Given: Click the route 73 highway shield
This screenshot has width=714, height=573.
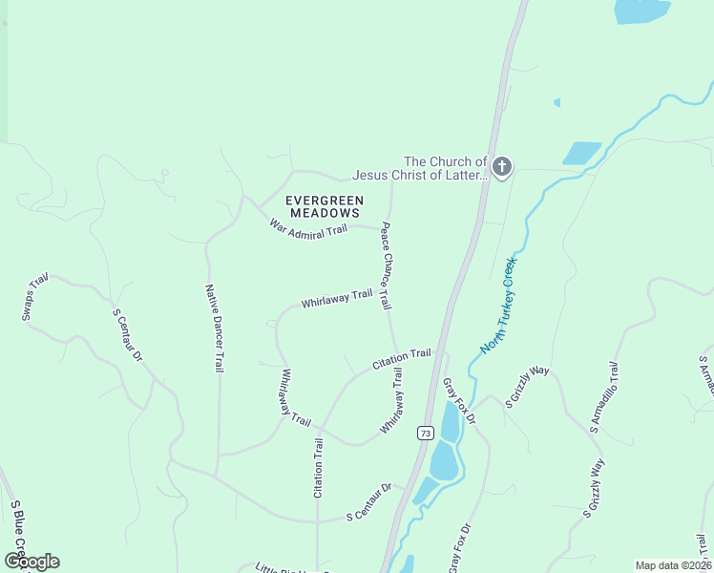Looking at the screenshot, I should (423, 433).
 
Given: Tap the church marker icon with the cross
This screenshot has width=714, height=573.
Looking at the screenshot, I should (502, 168).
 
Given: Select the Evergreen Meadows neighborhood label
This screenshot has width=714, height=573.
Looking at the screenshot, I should (325, 206).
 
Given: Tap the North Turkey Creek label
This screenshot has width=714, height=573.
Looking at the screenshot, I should (498, 305).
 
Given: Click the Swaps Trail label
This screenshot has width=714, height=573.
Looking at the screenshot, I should (34, 297).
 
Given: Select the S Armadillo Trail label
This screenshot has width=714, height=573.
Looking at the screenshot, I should (604, 397).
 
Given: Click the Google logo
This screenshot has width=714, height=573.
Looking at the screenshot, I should (31, 562).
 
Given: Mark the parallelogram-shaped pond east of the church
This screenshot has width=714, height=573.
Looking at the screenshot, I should (581, 153).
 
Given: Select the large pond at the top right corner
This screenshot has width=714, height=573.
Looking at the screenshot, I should (642, 11).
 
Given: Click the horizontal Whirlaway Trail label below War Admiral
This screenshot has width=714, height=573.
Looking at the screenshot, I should (336, 299).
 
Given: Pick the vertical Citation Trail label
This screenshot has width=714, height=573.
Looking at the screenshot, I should (319, 467).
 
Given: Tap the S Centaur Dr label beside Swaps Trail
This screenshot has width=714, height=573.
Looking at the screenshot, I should (127, 334).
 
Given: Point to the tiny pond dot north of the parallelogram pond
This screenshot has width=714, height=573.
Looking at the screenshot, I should (556, 102).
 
